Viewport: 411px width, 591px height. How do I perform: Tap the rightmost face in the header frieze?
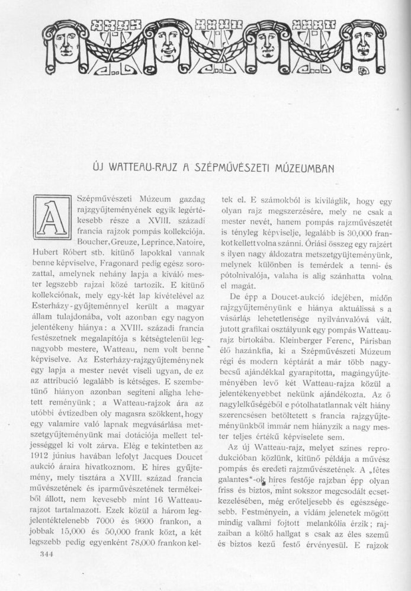tap(362, 38)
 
